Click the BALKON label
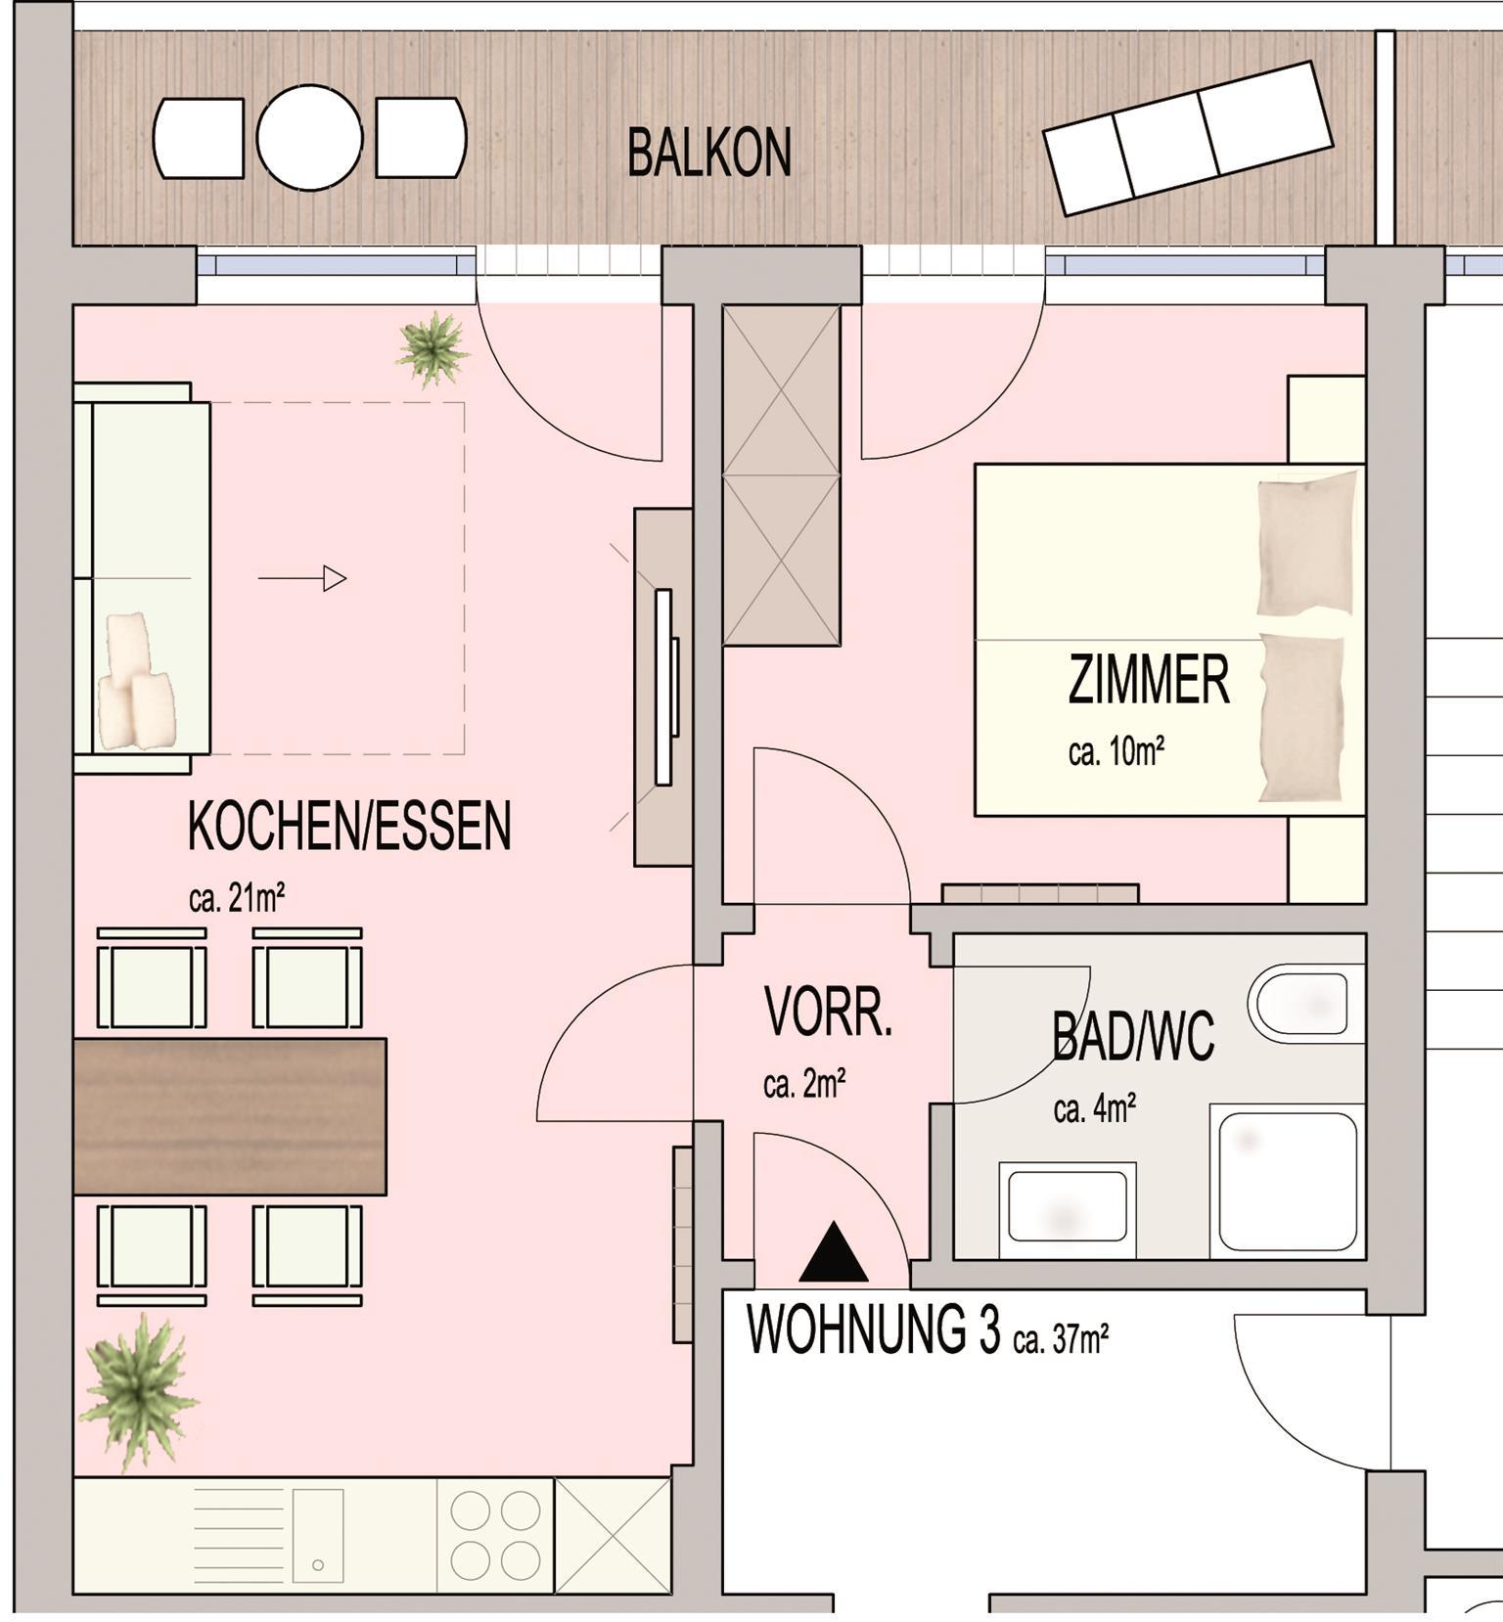[x=709, y=154]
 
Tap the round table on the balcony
[x=309, y=137]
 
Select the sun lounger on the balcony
[x=1188, y=137]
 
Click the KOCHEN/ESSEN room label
[x=349, y=827]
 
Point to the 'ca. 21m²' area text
[x=237, y=897]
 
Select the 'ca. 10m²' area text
[x=1116, y=752]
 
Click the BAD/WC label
[x=1133, y=1037]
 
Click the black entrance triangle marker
[x=834, y=1252]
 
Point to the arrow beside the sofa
[x=302, y=579]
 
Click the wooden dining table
[x=230, y=1116]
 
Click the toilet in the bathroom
[x=1306, y=1004]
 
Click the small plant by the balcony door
[x=432, y=348]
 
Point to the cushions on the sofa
[x=136, y=681]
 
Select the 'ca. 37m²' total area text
[x=1061, y=1337]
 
